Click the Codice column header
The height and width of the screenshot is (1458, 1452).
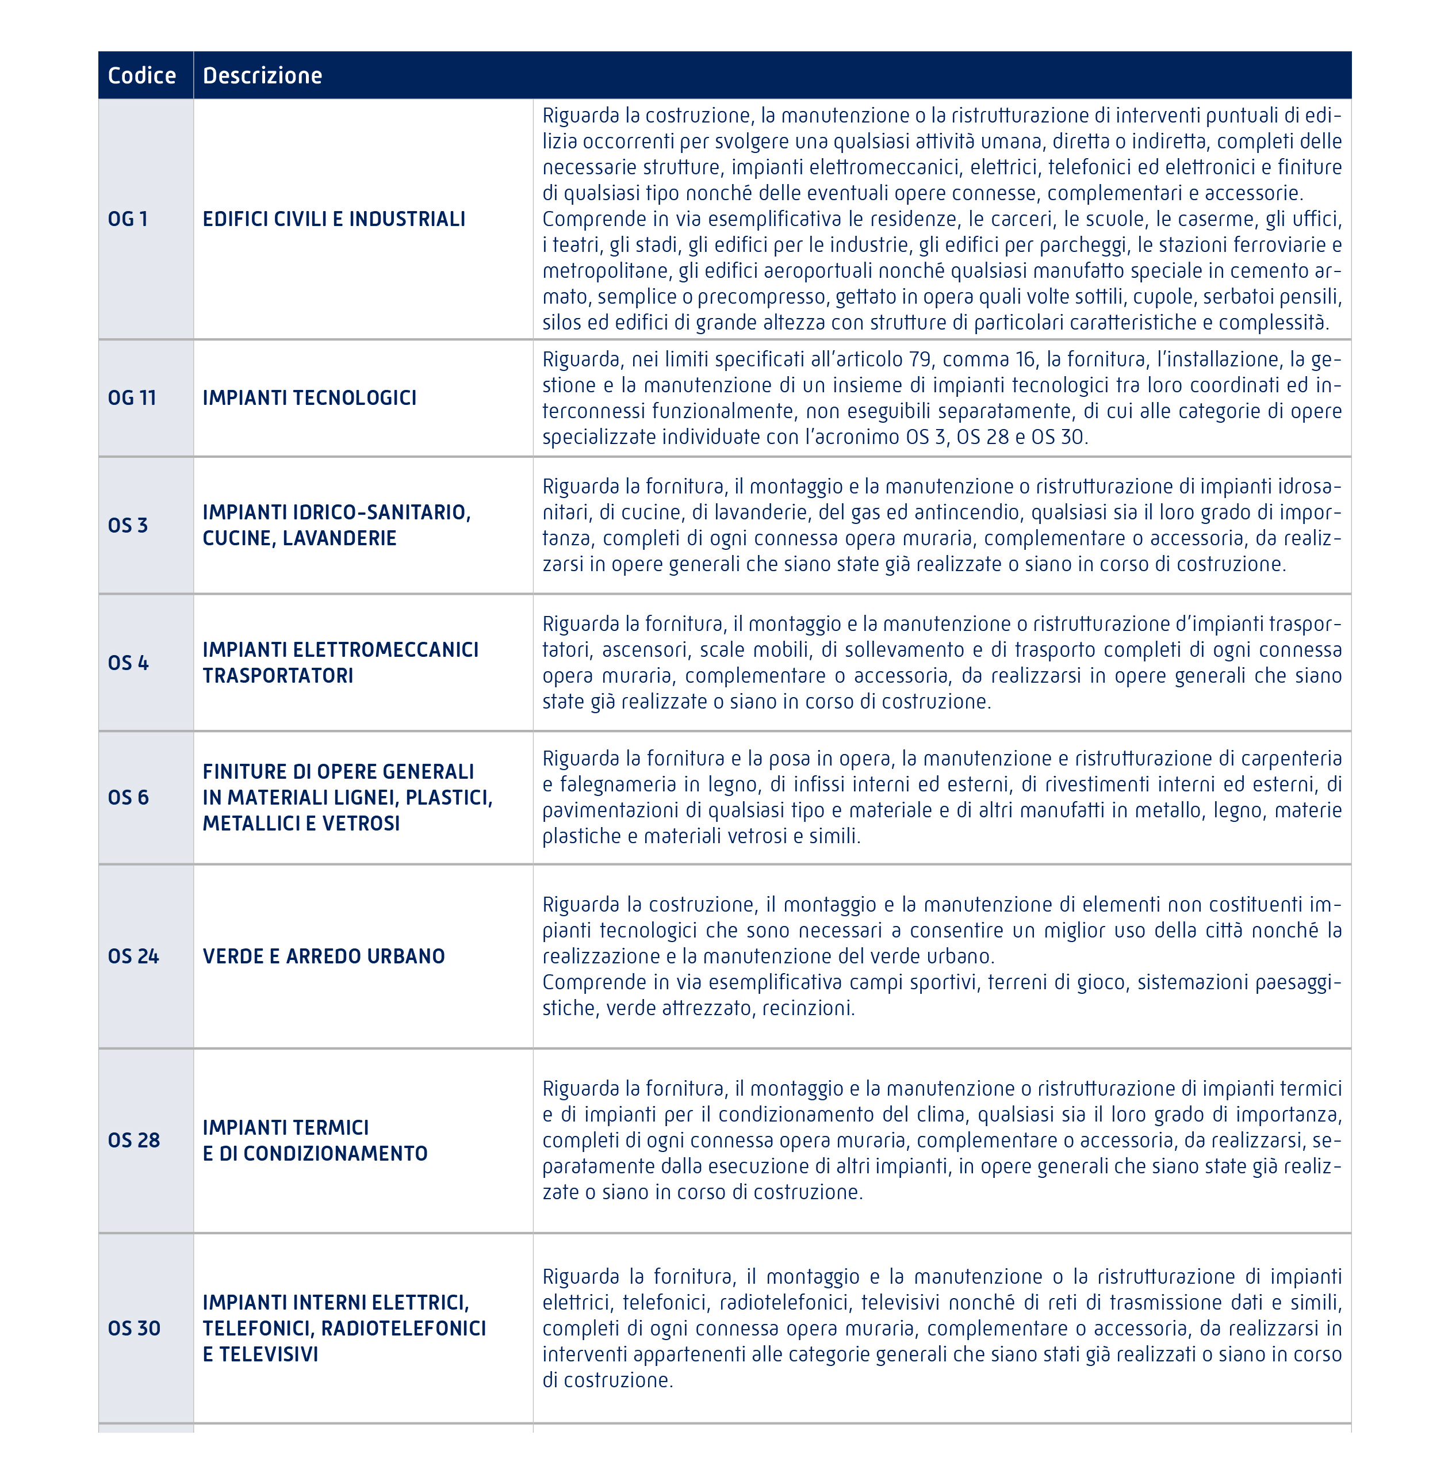[x=142, y=75]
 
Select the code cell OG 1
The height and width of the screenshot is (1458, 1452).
[x=128, y=219]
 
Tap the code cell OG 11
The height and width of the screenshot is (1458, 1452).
[x=132, y=397]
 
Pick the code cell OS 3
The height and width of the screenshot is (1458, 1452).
[x=128, y=525]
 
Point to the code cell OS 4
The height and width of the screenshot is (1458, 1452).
[x=128, y=663]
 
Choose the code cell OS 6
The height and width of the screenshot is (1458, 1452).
[x=128, y=797]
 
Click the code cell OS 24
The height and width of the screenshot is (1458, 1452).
[x=133, y=956]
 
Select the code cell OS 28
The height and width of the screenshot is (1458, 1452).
[x=133, y=1141]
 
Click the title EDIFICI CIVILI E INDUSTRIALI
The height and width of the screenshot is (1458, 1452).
[x=334, y=219]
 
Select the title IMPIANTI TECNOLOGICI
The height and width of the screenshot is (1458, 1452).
[x=309, y=397]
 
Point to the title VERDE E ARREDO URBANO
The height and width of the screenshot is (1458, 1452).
[x=324, y=956]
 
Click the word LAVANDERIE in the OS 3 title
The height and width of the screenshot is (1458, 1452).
[x=340, y=538]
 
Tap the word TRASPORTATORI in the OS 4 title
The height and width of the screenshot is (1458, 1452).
[x=278, y=675]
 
